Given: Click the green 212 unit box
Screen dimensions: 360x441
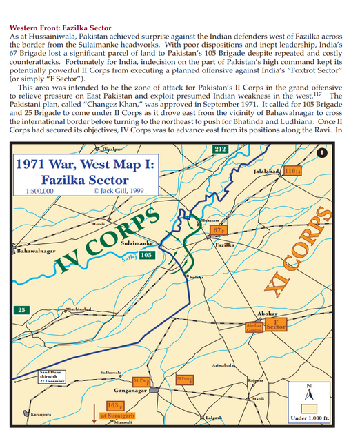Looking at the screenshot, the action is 219,149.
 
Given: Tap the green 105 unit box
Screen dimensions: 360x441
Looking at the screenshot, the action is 146,256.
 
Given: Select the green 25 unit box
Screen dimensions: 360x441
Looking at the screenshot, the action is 23,309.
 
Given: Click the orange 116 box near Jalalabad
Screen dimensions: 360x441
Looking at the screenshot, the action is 292,170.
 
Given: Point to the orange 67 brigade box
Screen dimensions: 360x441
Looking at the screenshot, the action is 219,229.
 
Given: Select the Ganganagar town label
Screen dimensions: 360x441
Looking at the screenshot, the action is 131,390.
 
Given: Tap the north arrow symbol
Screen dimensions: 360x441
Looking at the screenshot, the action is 310,394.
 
